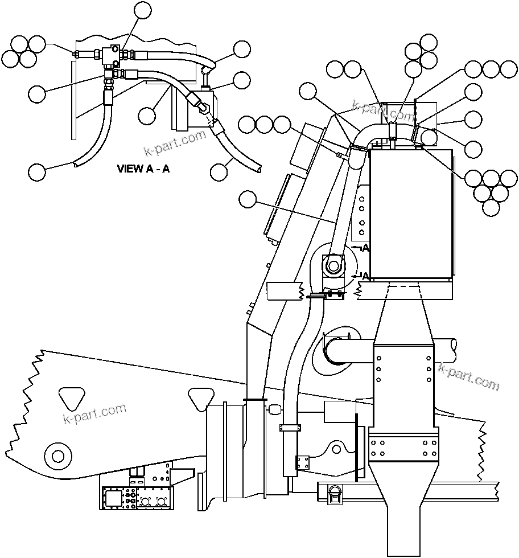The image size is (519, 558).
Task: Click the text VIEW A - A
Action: [x=143, y=169]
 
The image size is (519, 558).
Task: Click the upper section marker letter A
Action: [x=365, y=248]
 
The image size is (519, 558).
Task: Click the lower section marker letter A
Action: [x=365, y=276]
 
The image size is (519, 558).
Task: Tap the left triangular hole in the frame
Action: [x=72, y=397]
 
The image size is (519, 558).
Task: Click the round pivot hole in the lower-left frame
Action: [x=57, y=456]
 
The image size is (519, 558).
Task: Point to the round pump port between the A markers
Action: [x=333, y=266]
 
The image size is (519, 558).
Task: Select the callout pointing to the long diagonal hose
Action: [x=248, y=199]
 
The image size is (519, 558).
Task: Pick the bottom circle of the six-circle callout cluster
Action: [x=491, y=208]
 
